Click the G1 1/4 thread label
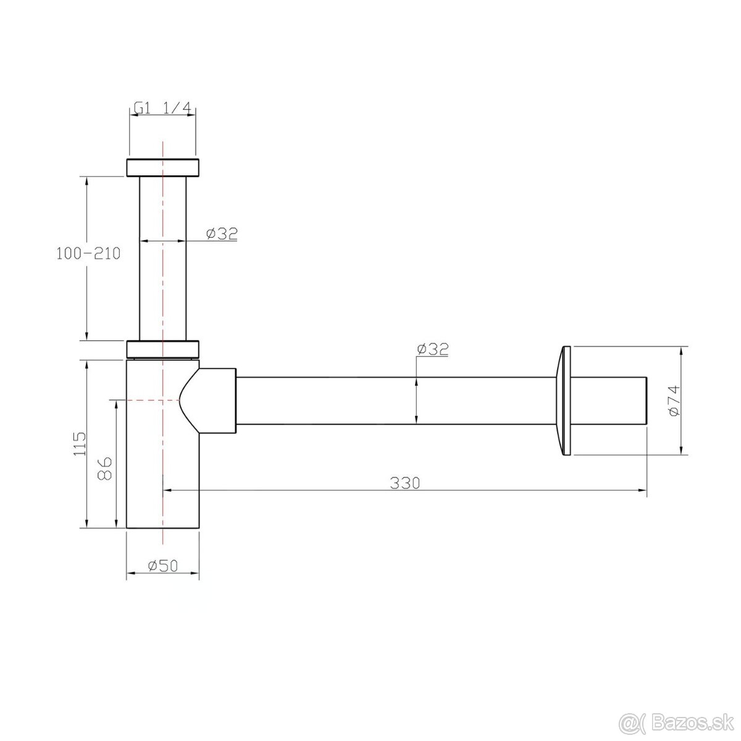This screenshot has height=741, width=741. click(162, 109)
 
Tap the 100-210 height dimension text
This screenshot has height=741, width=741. click(88, 253)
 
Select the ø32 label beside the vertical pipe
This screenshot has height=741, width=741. click(222, 233)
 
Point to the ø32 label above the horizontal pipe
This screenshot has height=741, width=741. click(433, 349)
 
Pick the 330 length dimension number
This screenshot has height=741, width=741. click(405, 483)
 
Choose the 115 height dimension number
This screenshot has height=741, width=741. click(80, 444)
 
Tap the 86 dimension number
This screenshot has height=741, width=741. click(104, 468)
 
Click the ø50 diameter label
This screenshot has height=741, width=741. click(163, 566)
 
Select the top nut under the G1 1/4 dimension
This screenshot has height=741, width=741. click(162, 167)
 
